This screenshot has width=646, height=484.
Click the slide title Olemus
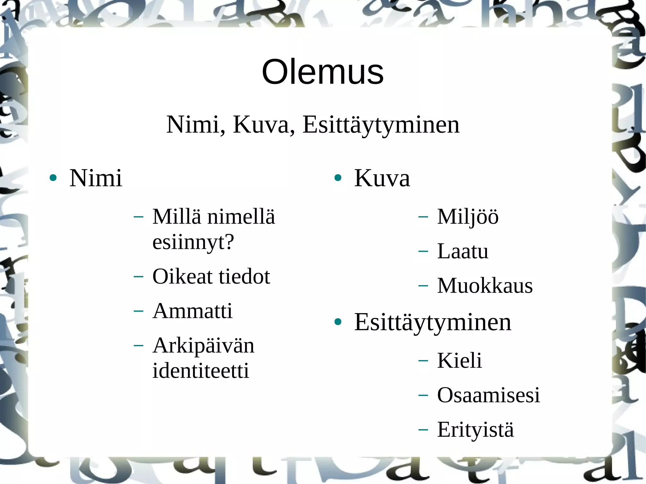(x=323, y=72)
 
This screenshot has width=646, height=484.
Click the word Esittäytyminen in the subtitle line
(x=381, y=125)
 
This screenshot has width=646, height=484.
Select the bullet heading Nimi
(x=96, y=178)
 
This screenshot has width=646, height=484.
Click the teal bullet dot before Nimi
(x=53, y=178)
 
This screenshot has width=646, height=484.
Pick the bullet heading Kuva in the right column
(x=382, y=178)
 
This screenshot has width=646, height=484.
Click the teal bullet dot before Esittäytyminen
(x=338, y=322)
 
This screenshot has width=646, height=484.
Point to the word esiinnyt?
(x=193, y=242)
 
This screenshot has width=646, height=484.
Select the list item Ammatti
(x=192, y=311)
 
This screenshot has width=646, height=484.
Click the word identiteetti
(x=201, y=370)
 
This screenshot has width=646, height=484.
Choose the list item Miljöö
(x=468, y=217)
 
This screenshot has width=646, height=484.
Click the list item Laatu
(x=463, y=251)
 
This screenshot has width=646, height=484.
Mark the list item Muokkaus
(x=485, y=286)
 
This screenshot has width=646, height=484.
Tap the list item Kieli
(x=459, y=360)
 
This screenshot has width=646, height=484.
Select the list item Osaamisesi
(x=488, y=395)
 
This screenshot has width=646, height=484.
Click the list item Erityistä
(x=475, y=429)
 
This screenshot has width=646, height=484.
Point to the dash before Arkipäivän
(x=138, y=346)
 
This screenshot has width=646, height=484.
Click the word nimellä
(x=241, y=217)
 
